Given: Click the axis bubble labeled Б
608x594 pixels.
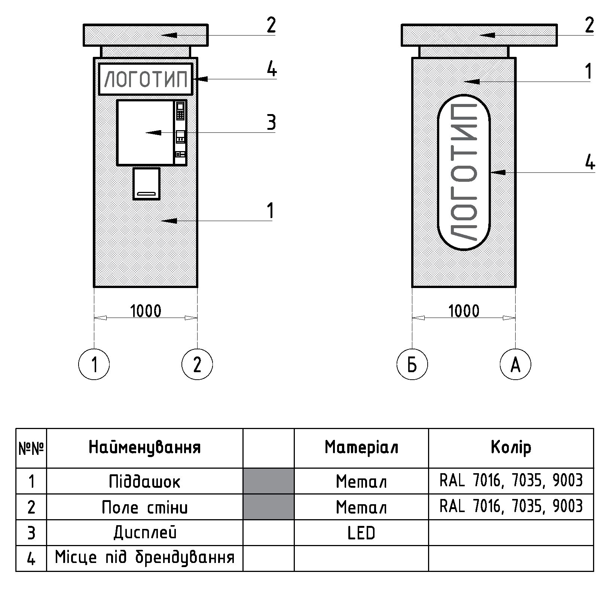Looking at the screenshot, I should [412, 364].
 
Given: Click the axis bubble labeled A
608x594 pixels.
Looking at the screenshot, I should [515, 364].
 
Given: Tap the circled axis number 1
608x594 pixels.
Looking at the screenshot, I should [94, 364].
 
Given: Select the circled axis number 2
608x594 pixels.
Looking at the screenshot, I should [197, 364].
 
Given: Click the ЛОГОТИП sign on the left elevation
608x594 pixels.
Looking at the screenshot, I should [146, 79].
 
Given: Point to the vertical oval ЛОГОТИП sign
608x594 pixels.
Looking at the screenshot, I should [464, 172].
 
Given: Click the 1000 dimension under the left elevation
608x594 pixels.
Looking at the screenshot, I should [146, 311].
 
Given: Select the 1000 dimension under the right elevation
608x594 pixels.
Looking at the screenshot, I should [464, 311].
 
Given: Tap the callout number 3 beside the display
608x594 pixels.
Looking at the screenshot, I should [271, 123].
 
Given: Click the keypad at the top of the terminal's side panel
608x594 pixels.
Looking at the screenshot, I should [180, 111].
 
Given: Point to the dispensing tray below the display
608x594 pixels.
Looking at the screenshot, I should [147, 184].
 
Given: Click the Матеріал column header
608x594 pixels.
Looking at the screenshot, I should [361, 447].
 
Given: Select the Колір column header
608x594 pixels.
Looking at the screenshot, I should [511, 447].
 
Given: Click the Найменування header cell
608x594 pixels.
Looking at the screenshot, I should [144, 447].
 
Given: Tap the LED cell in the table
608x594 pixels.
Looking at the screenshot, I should [361, 533].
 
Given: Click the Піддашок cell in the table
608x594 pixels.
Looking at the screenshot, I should [144, 481].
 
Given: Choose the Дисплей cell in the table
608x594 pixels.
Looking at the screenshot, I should [144, 533].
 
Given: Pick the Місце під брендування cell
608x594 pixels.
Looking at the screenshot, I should [144, 558].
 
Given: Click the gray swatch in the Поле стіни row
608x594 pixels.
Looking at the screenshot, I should [268, 507].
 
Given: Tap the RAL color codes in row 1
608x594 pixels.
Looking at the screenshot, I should [511, 481].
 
